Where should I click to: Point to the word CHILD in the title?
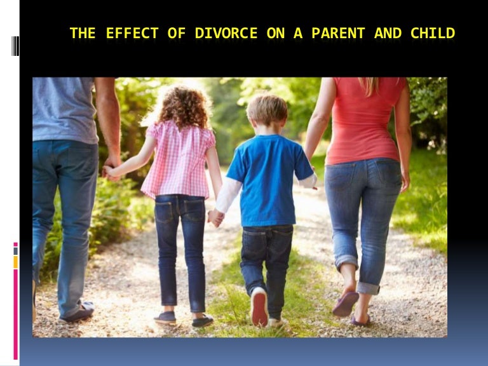coord(433,33)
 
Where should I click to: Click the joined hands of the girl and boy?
coord(215,217)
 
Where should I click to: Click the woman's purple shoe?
coord(346,304)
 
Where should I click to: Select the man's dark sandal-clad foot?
coord(78,312)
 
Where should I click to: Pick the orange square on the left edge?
coord(15,261)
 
